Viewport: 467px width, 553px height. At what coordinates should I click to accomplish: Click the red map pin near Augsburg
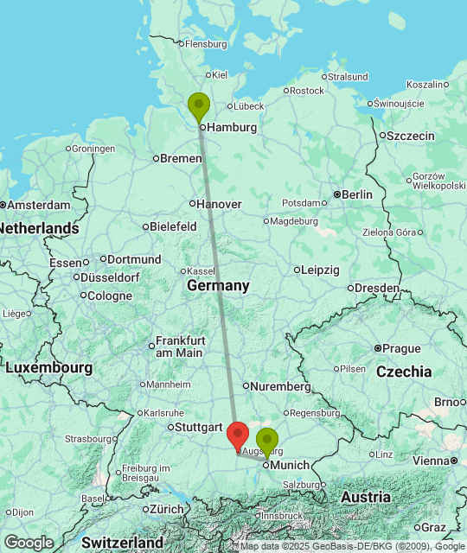238,435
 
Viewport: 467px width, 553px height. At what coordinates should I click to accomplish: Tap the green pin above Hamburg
199,107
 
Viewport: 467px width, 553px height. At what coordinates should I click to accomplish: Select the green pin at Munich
267,442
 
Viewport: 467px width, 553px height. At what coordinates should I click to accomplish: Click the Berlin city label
357,194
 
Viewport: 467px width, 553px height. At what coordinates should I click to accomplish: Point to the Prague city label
401,348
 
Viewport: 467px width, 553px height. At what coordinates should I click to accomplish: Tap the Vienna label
431,461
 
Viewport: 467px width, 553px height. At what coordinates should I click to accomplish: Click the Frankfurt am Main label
180,346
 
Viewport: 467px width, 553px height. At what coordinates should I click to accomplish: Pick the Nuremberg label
281,386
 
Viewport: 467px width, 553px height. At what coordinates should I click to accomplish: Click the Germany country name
218,286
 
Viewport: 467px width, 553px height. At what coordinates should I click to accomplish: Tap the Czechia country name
404,372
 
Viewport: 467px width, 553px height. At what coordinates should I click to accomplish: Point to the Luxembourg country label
48,368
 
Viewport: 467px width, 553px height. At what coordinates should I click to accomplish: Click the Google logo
29,543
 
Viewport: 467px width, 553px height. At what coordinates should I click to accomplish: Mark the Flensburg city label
205,44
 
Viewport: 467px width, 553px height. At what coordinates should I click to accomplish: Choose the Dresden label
377,288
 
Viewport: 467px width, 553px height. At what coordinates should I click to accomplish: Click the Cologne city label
110,296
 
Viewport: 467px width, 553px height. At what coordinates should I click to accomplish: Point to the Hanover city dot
192,204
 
